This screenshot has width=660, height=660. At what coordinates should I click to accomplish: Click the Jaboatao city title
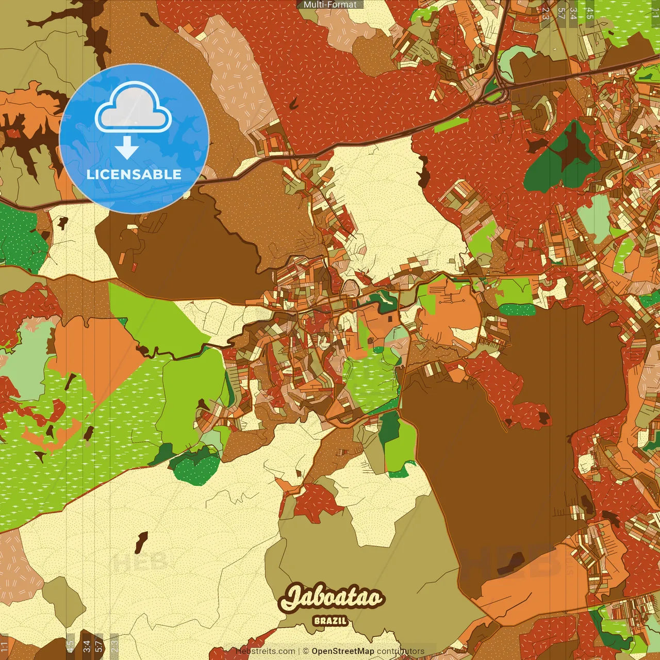point(332,598)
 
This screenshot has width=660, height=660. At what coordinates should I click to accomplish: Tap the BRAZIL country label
point(330,621)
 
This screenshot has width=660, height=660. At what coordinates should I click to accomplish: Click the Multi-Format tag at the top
point(330,4)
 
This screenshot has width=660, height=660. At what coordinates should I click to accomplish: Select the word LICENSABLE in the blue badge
point(134,174)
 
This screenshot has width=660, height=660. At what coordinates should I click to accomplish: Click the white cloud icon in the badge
point(134,108)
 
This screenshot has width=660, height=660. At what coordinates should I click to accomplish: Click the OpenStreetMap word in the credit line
point(342,651)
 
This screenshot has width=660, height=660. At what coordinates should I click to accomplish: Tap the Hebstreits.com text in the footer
point(266,651)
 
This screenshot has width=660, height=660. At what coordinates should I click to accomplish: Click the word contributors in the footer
point(400,651)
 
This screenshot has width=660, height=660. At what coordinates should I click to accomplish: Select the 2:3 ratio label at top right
point(546,13)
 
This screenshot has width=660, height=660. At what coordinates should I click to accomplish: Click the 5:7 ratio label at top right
point(561,13)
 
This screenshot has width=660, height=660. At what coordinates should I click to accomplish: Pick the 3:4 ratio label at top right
point(573,13)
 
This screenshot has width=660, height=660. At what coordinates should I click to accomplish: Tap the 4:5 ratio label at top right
point(590,13)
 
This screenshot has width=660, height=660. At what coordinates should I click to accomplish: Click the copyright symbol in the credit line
point(306,651)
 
